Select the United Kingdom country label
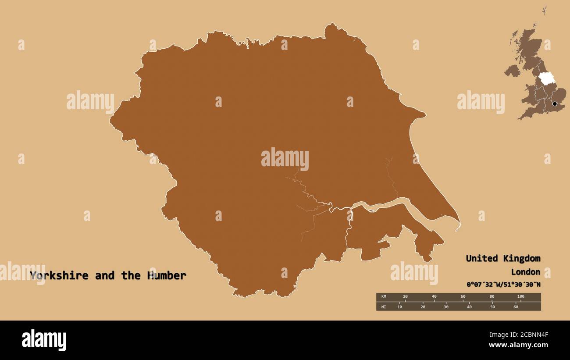click(x=503, y=258)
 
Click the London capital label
click(x=525, y=272)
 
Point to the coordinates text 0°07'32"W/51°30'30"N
click(x=503, y=285)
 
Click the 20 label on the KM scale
click(x=405, y=296)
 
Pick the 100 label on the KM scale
click(x=520, y=296)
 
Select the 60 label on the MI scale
click(x=516, y=307)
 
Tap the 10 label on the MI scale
click(x=399, y=307)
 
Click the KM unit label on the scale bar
click(x=384, y=296)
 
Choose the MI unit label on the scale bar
click(x=384, y=307)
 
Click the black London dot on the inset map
click(x=555, y=104)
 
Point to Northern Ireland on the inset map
click(x=512, y=70)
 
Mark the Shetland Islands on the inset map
click(x=544, y=11)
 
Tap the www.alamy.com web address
click(x=519, y=345)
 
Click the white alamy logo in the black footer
click(x=44, y=340)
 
